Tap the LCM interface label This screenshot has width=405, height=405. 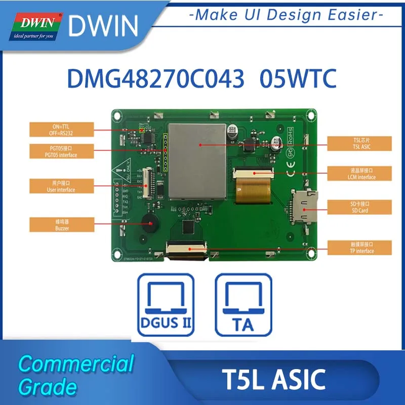[x=359, y=174]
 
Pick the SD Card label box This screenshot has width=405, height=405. [x=359, y=207]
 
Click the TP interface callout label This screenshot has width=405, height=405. [x=359, y=248]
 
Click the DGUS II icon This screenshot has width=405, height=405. [x=166, y=304]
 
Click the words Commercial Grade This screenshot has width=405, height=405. [x=76, y=375]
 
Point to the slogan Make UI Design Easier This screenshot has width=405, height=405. [x=286, y=15]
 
